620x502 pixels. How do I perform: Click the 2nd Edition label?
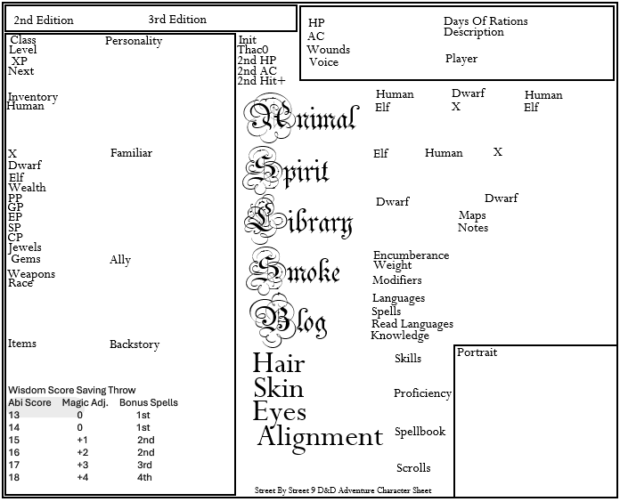[x=44, y=20]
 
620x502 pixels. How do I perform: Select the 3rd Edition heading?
[x=177, y=20]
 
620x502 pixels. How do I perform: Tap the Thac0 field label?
[x=253, y=50]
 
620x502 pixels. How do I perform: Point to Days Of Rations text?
[x=485, y=21]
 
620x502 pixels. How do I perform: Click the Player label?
[x=461, y=59]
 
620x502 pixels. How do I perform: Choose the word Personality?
[x=134, y=41]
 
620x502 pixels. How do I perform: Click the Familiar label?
[x=131, y=153]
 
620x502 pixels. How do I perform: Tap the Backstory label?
[x=135, y=344]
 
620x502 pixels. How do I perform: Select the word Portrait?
[x=477, y=352]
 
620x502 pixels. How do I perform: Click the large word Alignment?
[x=320, y=437]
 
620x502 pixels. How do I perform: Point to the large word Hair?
[x=279, y=363]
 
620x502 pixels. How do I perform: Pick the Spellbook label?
[x=420, y=432]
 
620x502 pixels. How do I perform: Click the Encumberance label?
[x=411, y=255]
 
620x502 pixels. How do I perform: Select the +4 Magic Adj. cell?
[x=82, y=478]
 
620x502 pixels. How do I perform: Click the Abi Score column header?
[x=30, y=402]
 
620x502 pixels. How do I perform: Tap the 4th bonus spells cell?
[x=144, y=478]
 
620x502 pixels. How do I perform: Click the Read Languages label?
[x=412, y=324]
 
